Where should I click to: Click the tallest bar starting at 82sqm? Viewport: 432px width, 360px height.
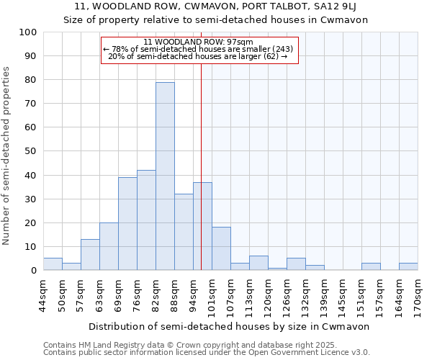click(x=165, y=176)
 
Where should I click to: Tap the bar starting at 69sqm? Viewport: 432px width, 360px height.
click(x=127, y=224)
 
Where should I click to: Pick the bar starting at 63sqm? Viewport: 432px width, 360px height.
click(x=109, y=246)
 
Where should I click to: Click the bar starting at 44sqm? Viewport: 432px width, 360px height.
click(x=53, y=264)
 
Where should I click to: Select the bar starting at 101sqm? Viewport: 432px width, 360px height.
click(x=221, y=249)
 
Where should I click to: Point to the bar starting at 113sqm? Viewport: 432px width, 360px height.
click(x=258, y=264)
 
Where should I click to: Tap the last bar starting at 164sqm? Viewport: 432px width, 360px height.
click(x=408, y=266)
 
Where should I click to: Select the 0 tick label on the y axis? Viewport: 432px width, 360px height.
click(x=33, y=271)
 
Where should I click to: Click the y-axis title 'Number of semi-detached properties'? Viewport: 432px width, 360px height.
click(x=7, y=156)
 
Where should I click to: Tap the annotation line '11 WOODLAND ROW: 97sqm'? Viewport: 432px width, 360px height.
click(x=198, y=42)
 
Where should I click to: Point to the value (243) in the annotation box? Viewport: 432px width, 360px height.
click(x=282, y=49)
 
